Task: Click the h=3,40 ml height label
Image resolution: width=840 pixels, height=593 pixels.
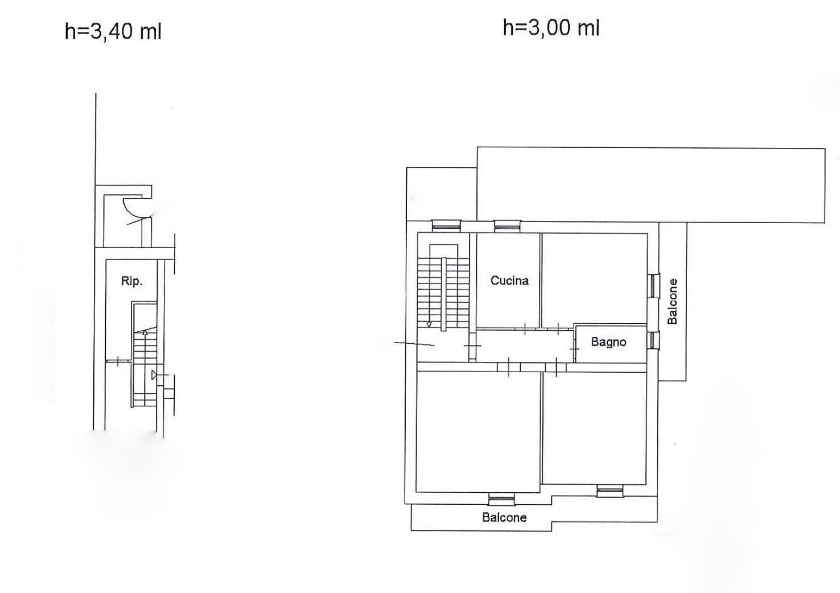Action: click(x=113, y=31)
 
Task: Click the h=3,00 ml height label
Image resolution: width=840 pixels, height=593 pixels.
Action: click(x=551, y=28)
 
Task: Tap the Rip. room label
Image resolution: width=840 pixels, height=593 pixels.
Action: click(x=131, y=281)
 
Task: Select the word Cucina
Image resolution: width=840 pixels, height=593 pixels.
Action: click(x=509, y=281)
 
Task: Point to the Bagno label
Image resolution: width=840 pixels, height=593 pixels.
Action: click(x=608, y=342)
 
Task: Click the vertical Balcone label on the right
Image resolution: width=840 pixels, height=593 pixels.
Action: click(x=673, y=301)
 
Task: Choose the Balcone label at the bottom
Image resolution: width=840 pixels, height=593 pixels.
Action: click(x=504, y=518)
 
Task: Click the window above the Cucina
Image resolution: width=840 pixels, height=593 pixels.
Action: click(x=508, y=226)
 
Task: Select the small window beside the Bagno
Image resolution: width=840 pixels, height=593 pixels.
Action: click(x=654, y=340)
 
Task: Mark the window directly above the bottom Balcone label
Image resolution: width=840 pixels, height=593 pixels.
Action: click(x=501, y=499)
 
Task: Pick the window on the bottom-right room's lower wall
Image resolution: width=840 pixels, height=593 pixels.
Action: click(x=610, y=491)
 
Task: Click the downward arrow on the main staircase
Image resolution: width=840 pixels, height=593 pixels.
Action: click(x=429, y=324)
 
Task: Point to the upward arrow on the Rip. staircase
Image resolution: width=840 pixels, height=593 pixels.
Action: click(x=145, y=332)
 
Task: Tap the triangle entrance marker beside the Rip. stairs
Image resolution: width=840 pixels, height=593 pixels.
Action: click(x=154, y=374)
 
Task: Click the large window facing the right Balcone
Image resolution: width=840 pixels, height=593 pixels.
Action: click(x=654, y=286)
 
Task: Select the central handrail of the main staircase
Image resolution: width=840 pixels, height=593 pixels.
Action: click(x=444, y=294)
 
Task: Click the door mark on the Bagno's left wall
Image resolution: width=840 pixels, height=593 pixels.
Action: click(x=574, y=349)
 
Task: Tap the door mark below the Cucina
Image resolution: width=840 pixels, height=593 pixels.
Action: click(x=525, y=328)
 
